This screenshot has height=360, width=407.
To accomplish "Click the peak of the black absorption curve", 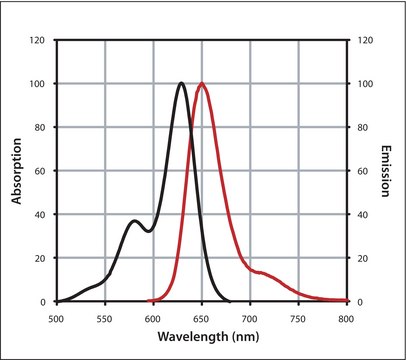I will pos(181,83).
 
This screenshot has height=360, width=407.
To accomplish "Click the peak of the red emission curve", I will pos(202,83).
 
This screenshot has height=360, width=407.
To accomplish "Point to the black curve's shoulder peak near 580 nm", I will pos(135,221).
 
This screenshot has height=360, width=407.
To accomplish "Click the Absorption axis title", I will pos(17,170).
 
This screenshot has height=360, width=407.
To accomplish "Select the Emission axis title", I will pos(385,170).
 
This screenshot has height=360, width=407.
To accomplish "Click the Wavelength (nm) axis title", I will pos(201,337).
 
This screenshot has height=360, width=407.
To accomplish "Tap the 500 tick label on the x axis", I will pos(57,317).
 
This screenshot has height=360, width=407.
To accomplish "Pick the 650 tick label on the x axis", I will pos(202,317).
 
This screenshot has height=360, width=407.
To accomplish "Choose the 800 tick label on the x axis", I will pos(346,317).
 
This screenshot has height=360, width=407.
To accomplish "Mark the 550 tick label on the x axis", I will pos(105,317).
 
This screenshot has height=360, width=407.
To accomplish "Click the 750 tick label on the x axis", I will pos(298,317).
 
